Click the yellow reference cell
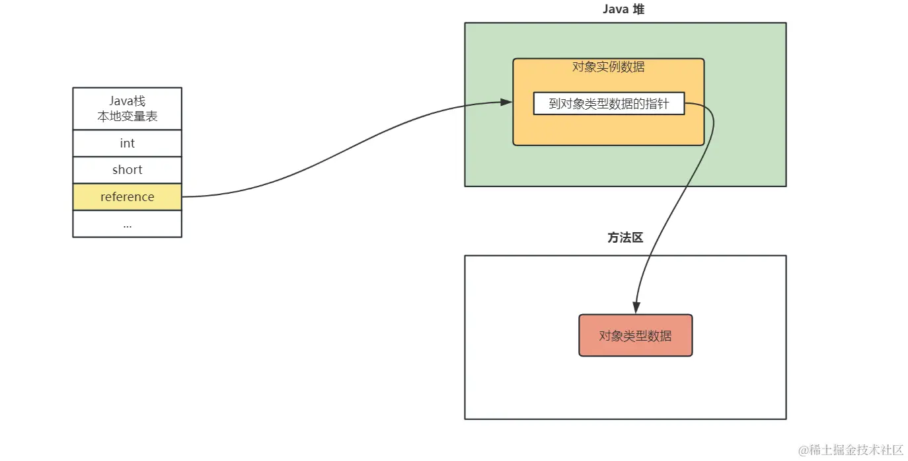point(127,197)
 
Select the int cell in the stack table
point(127,144)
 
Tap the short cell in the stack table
point(127,170)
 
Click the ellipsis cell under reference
point(127,224)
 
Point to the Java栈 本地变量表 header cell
point(127,109)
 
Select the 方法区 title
point(625,238)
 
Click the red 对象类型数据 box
point(635,335)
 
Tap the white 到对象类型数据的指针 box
point(609,104)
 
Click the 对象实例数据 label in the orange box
point(608,67)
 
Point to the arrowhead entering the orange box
point(507,102)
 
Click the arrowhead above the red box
point(636,308)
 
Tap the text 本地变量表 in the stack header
point(127,116)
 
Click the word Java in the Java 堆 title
point(615,9)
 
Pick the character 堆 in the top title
point(639,9)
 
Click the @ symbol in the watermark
point(804,450)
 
